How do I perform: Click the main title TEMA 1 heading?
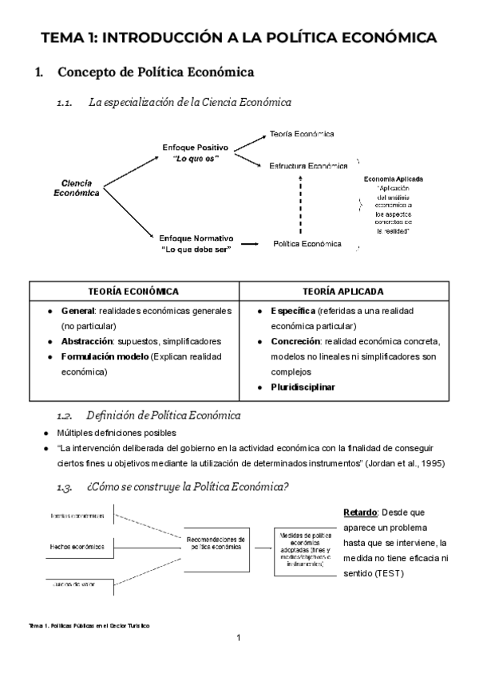239,37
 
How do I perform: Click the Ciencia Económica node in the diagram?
77,187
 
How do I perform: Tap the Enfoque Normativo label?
196,243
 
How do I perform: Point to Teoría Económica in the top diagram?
302,134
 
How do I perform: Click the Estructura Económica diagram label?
308,167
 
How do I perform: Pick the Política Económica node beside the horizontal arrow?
307,244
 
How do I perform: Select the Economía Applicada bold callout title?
393,179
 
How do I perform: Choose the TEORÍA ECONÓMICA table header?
133,292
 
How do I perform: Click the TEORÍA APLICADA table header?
343,292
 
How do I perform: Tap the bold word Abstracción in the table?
88,340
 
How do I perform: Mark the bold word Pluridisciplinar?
303,387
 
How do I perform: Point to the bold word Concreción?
296,341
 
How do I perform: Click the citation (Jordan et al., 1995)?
404,463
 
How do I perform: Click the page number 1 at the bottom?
239,638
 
